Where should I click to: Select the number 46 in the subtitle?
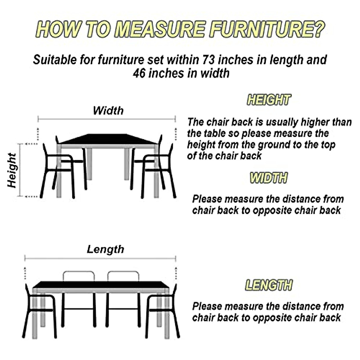[139, 73]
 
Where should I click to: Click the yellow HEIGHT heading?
[269, 100]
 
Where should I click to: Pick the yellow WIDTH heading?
[268, 178]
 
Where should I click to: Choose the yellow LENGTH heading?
[268, 285]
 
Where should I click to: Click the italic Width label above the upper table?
[108, 110]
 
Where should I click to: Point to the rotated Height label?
[12, 170]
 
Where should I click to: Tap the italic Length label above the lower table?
[105, 249]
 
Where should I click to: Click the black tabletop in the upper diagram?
[108, 139]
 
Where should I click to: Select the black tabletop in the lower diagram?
[100, 284]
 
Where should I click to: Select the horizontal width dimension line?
[106, 119]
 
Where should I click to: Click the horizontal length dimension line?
[100, 258]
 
